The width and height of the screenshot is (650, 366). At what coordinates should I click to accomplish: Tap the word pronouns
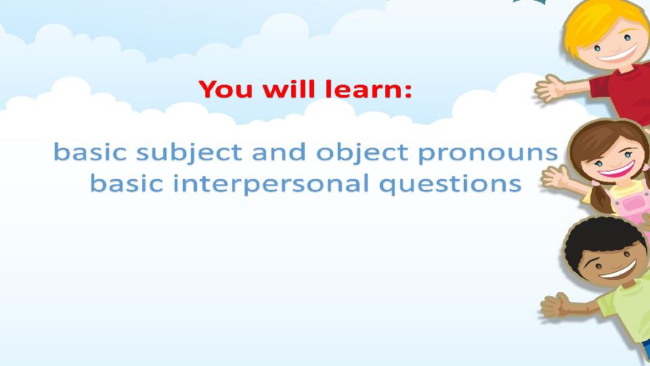pos(487,153)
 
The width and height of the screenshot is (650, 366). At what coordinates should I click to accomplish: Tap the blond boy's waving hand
pos(552,89)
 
